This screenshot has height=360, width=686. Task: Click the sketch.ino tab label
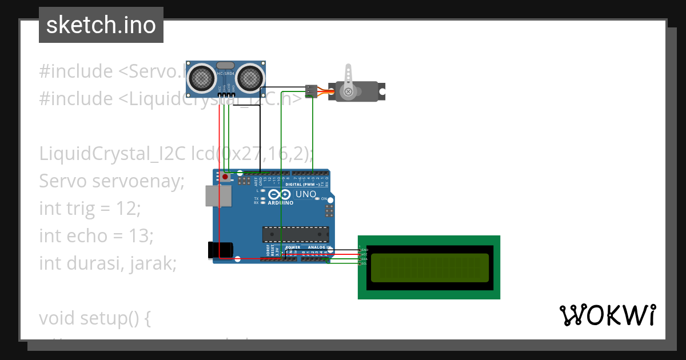point(101,25)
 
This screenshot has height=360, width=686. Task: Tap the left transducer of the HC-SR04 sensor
point(201,77)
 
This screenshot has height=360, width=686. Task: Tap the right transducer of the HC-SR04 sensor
point(250,77)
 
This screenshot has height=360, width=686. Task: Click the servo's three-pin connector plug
point(312,91)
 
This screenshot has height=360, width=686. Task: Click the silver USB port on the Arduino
point(218,196)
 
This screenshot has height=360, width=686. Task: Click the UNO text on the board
point(306,195)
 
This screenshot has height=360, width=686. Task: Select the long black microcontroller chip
point(296,234)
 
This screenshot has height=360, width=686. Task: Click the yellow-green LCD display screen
point(429,267)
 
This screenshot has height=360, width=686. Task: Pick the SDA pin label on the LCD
point(364,259)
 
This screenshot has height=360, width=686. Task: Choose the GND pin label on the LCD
point(365,250)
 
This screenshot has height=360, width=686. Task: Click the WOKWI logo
point(608,315)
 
